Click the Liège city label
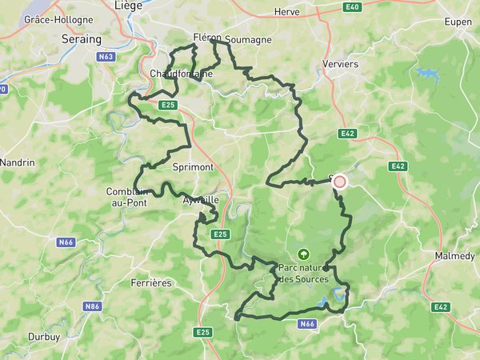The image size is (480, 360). click(x=129, y=5)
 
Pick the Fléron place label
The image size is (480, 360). click(x=206, y=38)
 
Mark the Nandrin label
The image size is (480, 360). click(x=18, y=162)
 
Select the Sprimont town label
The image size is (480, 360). click(x=192, y=168)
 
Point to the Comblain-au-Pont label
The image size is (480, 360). click(x=126, y=197)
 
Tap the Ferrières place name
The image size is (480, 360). click(x=150, y=283)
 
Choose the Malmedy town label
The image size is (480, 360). click(x=454, y=256)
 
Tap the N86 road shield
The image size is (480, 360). click(x=94, y=306)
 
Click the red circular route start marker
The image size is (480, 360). click(x=339, y=182)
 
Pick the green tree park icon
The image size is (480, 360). click(x=303, y=253)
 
